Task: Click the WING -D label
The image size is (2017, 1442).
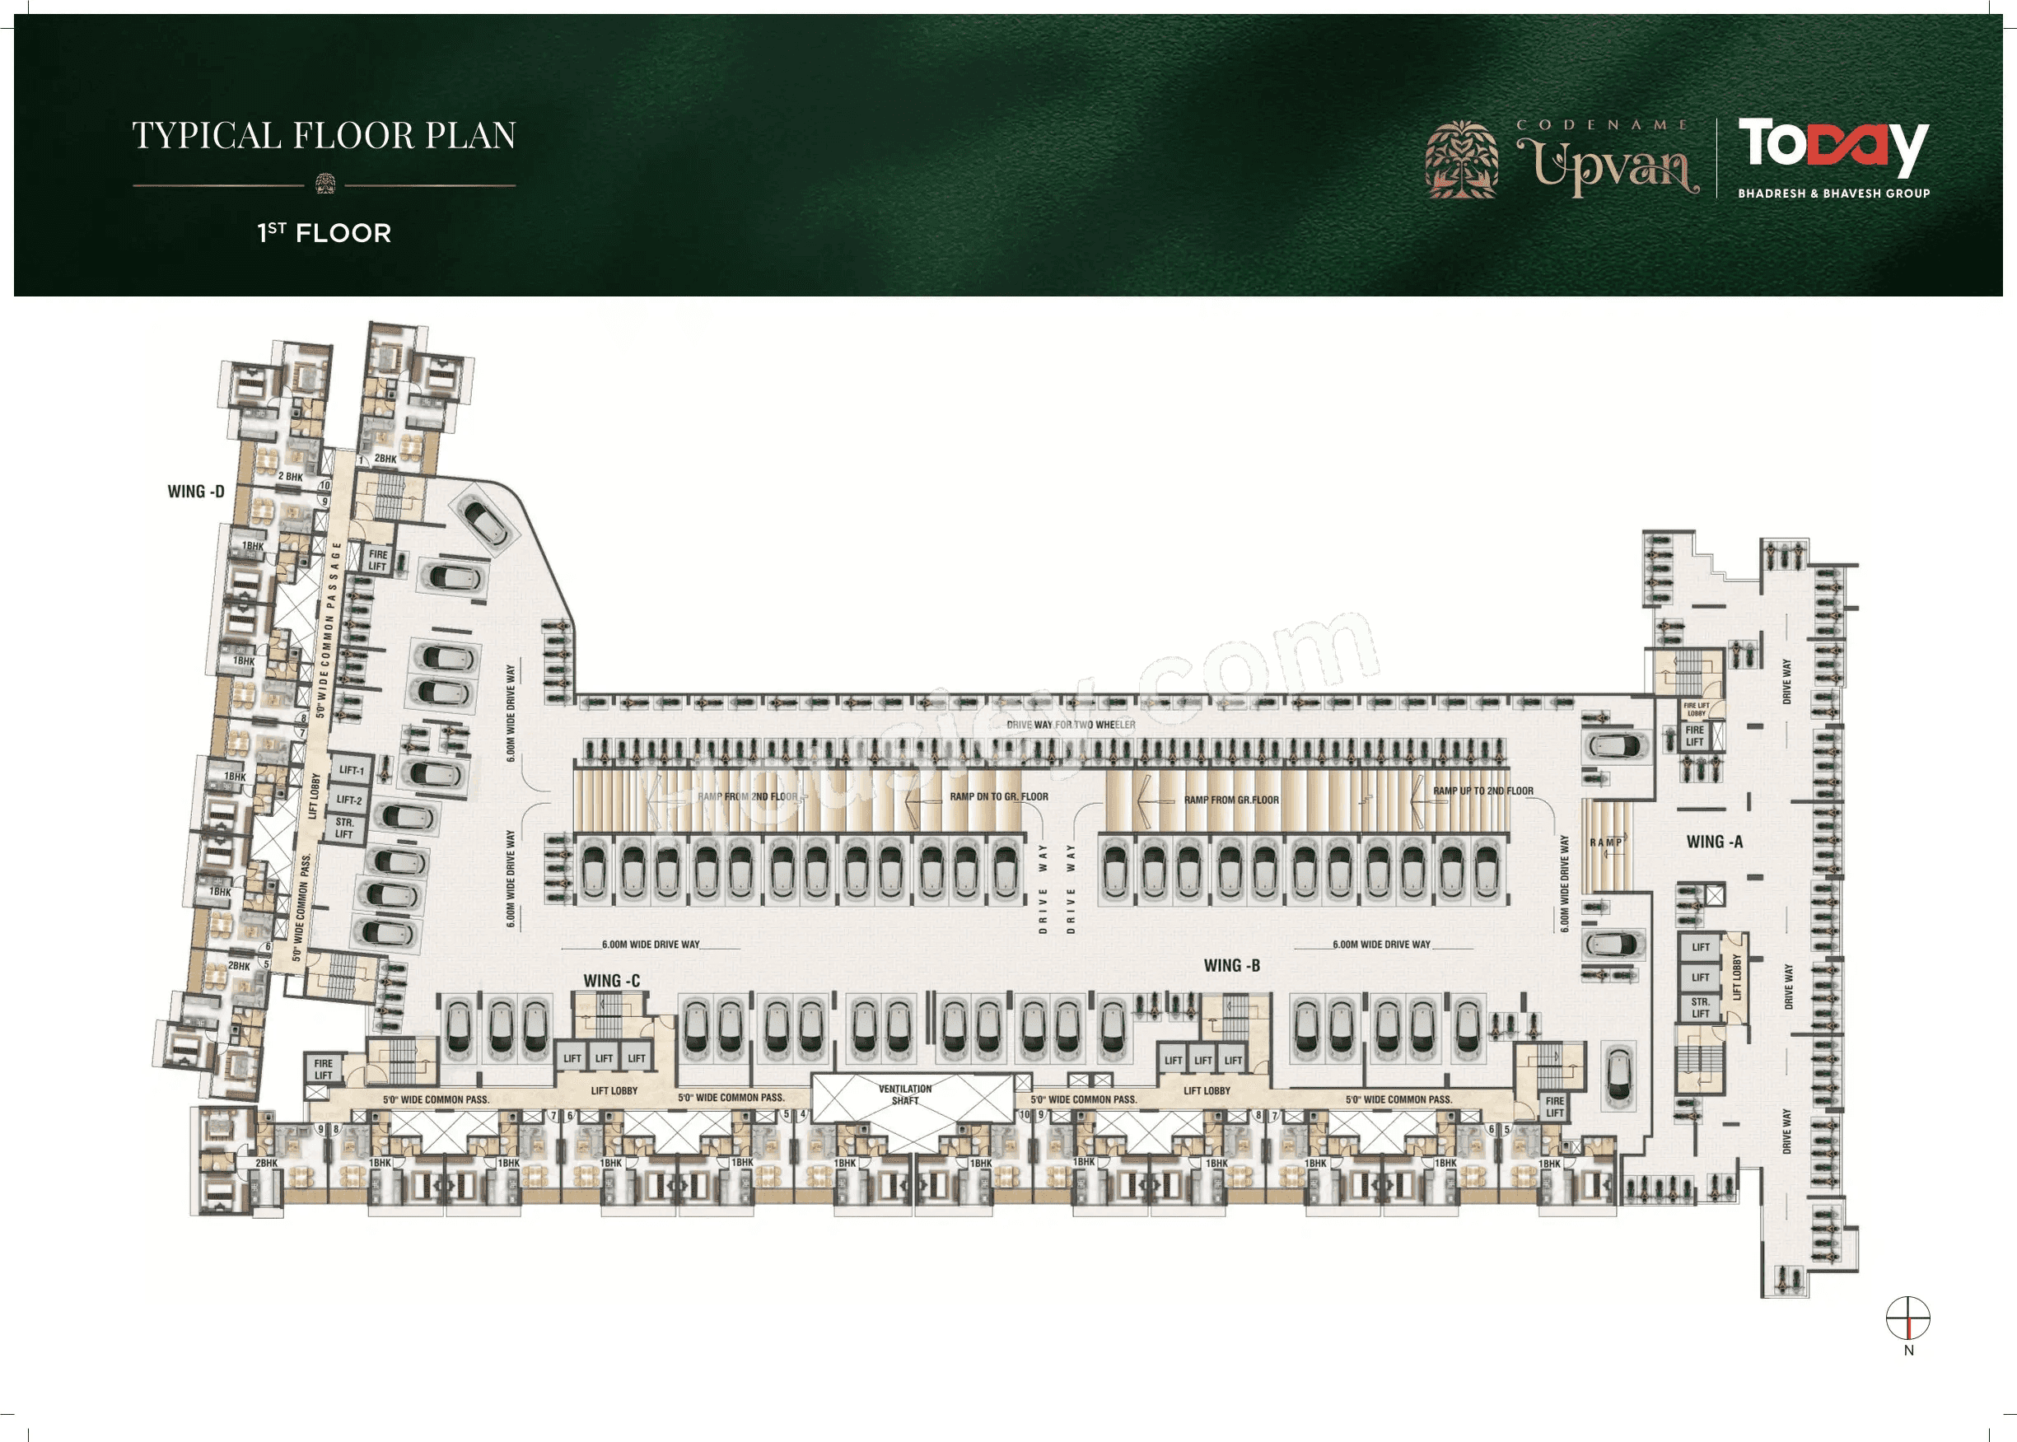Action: point(195,491)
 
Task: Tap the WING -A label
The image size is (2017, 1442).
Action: point(1714,842)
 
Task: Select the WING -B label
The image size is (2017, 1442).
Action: point(1231,965)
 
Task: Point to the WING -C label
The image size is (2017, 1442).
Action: point(611,980)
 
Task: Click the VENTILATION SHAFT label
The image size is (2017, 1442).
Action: point(904,1094)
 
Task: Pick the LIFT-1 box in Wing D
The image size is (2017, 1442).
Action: point(352,770)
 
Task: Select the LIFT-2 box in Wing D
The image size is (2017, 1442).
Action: point(349,800)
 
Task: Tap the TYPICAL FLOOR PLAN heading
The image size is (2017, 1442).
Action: point(324,136)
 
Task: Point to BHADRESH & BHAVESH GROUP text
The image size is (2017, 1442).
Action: point(1833,193)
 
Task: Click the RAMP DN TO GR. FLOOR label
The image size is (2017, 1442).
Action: point(998,796)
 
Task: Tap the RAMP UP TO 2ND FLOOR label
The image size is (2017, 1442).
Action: point(1482,791)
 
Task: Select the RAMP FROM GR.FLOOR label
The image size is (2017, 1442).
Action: point(1230,800)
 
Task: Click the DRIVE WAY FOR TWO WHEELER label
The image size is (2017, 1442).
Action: point(1070,725)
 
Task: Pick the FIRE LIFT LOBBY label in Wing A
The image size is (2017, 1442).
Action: point(1696,709)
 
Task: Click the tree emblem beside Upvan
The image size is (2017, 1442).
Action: point(1461,160)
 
